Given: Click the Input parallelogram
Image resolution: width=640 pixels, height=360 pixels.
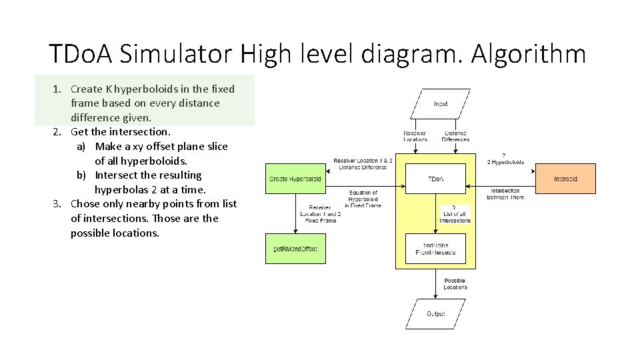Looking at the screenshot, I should click(x=441, y=104).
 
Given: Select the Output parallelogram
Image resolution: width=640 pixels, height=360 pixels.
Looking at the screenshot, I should click(x=435, y=313).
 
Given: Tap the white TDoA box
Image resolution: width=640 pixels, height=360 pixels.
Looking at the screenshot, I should click(x=435, y=179).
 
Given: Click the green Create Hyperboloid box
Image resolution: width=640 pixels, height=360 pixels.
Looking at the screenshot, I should click(x=295, y=179).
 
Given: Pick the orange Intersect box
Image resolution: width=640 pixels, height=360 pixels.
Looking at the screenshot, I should click(x=565, y=179).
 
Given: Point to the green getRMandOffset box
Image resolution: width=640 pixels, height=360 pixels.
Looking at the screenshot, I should click(x=295, y=249).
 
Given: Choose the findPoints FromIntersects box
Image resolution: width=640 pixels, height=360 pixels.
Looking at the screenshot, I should click(x=435, y=249).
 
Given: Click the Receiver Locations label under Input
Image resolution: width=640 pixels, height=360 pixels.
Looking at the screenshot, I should click(x=415, y=137).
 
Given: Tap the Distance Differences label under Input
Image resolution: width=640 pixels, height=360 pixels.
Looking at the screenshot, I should click(x=455, y=137).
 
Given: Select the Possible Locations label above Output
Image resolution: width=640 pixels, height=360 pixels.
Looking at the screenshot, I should click(x=455, y=284).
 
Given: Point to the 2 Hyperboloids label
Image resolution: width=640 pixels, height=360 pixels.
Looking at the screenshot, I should click(x=505, y=159).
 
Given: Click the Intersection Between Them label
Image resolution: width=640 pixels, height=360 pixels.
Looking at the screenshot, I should click(x=505, y=194).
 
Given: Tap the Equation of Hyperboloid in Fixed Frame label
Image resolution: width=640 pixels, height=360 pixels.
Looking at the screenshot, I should click(x=363, y=199).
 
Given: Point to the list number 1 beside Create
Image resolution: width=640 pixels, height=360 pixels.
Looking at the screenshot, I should click(x=57, y=89).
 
